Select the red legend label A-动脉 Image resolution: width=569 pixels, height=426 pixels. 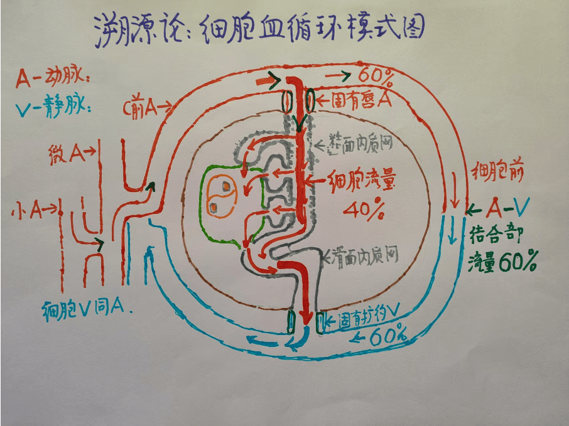[x=53, y=79]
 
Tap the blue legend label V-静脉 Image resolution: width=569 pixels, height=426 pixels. [x=53, y=108]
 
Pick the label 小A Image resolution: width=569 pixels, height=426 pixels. [x=29, y=211]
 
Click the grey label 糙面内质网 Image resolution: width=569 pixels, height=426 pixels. [x=360, y=145]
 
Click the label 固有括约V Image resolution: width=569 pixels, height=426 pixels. [x=371, y=319]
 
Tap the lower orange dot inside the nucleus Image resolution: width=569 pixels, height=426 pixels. [x=214, y=208]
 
